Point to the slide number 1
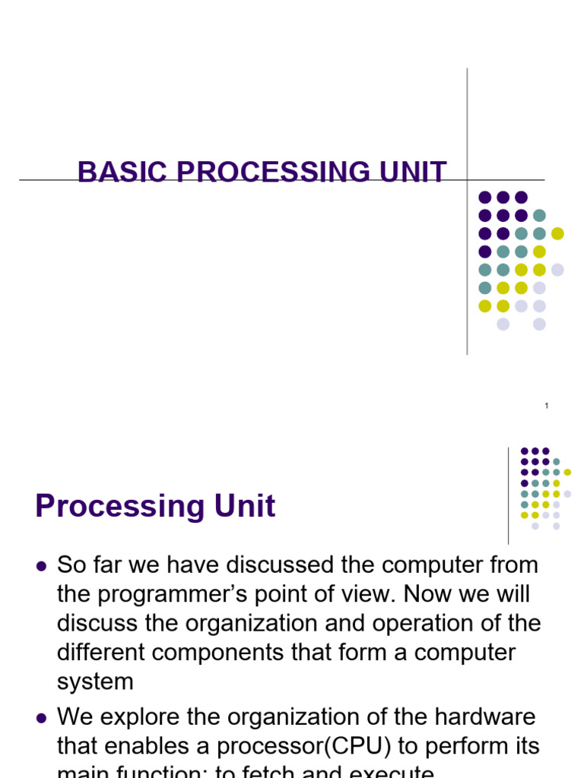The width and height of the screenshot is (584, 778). click(547, 406)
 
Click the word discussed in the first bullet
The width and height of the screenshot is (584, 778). click(294, 566)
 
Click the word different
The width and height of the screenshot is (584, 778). click(103, 653)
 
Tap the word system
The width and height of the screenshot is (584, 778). click(95, 682)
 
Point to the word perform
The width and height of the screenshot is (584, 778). click(459, 746)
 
